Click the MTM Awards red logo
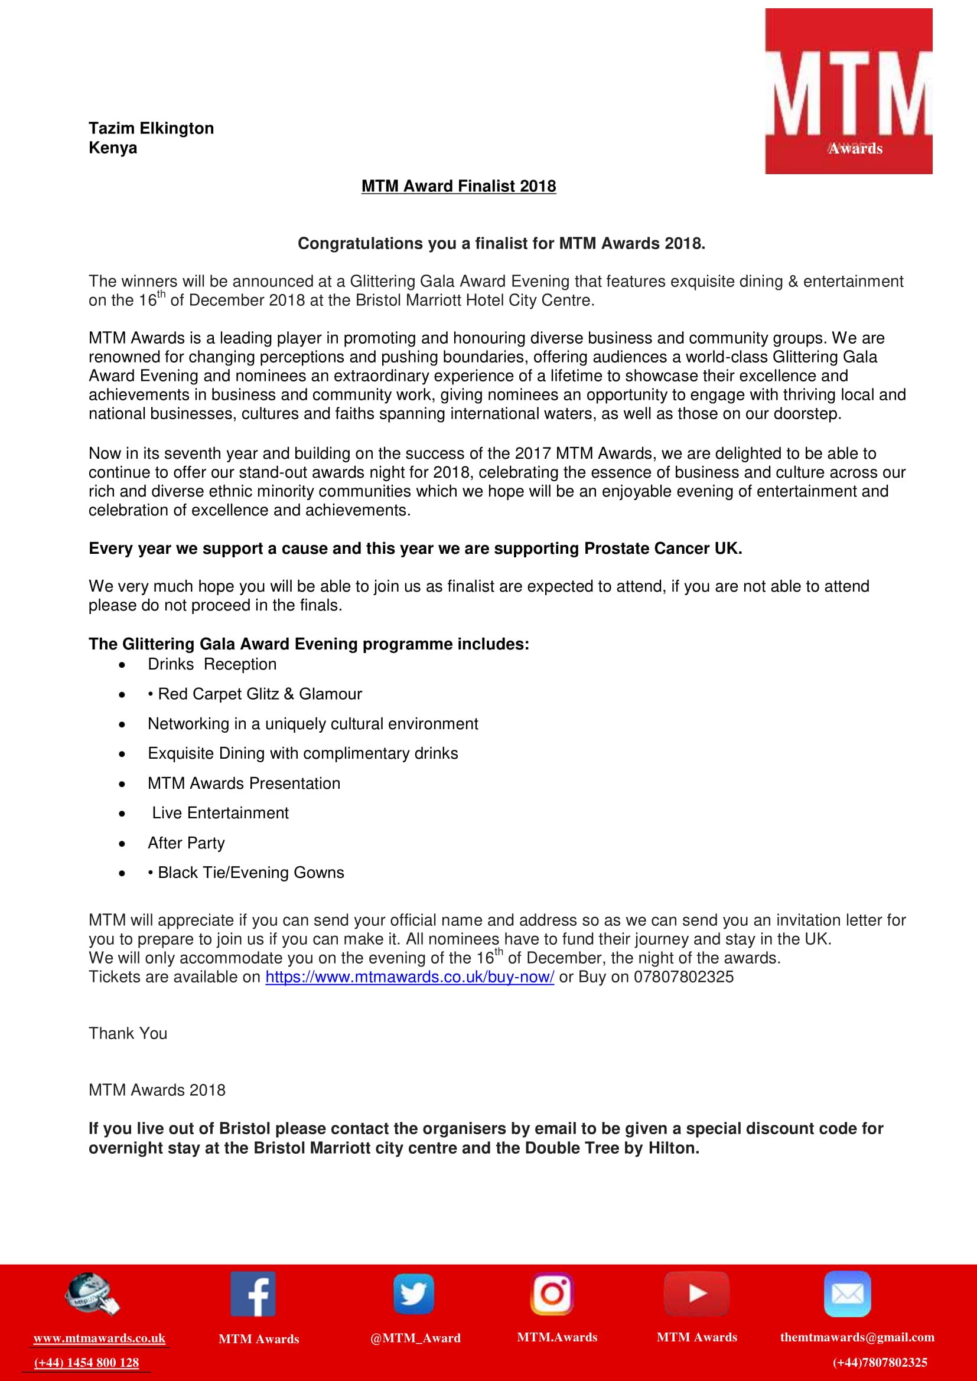click(848, 92)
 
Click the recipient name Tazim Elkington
click(151, 128)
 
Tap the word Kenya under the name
click(112, 148)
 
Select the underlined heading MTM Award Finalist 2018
click(458, 187)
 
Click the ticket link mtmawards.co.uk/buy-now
click(409, 977)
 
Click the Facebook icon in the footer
click(253, 1294)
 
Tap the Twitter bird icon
click(414, 1294)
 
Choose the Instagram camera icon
click(552, 1294)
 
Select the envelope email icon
click(847, 1294)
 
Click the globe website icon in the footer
click(92, 1294)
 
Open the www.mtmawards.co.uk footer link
click(99, 1338)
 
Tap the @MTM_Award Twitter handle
click(415, 1338)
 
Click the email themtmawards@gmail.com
click(857, 1337)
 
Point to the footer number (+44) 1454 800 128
click(87, 1362)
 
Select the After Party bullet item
click(186, 843)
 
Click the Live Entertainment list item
click(220, 813)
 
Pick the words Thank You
click(128, 1033)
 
